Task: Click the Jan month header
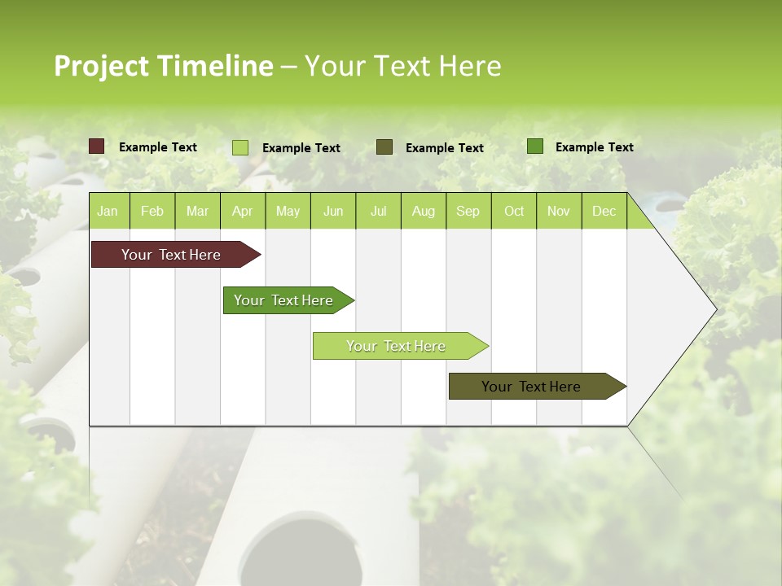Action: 108,211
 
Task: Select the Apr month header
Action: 242,211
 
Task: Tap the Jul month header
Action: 378,211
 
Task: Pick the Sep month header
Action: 468,211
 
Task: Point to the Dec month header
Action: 604,211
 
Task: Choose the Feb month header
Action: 152,211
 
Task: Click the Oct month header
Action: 514,211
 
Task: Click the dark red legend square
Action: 97,146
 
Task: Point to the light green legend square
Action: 240,147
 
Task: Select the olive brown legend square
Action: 384,146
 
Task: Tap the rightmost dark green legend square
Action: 535,146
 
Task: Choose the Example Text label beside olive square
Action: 444,148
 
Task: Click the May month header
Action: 288,211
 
